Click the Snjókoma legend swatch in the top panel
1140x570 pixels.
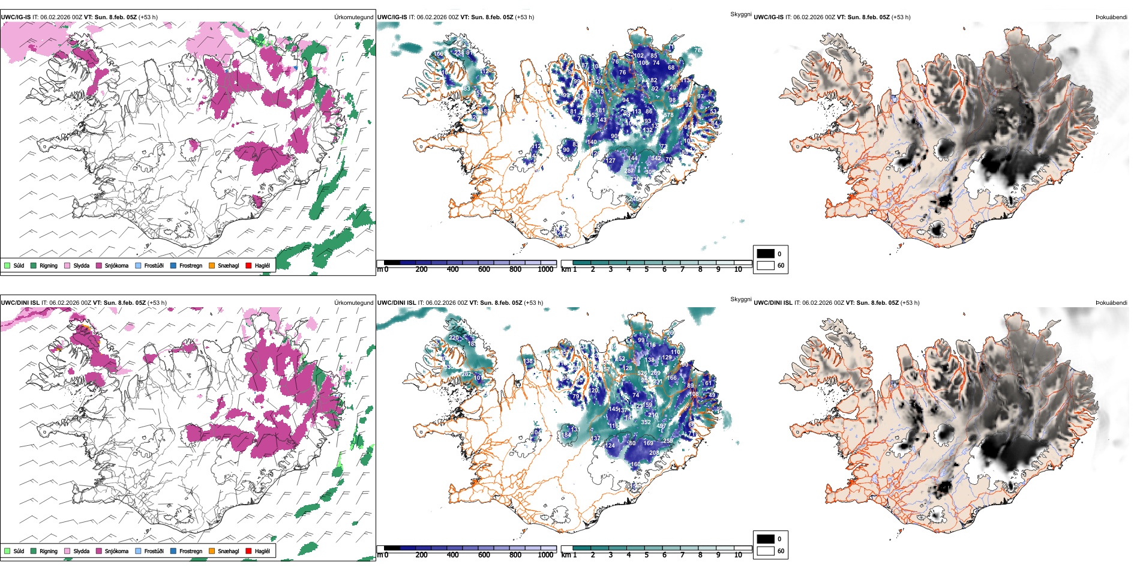tap(99, 265)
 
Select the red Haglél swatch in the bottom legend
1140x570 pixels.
tap(248, 551)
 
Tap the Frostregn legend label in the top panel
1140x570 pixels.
tap(191, 265)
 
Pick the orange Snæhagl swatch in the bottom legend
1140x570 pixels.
tap(212, 551)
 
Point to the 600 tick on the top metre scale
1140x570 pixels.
tap(484, 269)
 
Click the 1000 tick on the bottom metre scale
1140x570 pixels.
tap(545, 555)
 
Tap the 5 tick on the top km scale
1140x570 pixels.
tap(646, 269)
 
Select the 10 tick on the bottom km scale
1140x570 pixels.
tap(738, 555)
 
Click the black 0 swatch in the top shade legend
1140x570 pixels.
tap(766, 253)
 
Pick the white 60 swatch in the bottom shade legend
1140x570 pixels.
tap(766, 551)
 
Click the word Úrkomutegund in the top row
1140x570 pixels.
tap(353, 17)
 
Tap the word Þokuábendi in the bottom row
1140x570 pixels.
tap(1111, 303)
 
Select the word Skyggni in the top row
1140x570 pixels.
tap(740, 14)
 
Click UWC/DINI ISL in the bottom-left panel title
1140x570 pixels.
tap(20, 303)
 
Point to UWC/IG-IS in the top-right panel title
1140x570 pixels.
tap(769, 17)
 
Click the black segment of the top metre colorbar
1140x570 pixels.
tap(392, 263)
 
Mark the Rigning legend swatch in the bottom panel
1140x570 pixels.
tap(34, 551)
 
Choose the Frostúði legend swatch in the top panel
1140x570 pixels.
tap(139, 265)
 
